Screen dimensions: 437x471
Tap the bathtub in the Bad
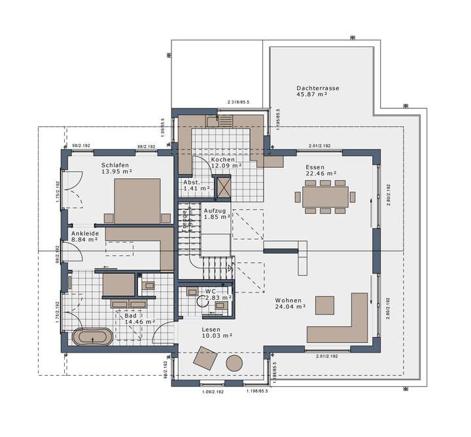pos(90,338)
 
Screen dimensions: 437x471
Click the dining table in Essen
pos(325,196)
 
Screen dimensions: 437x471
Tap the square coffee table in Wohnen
pos(325,305)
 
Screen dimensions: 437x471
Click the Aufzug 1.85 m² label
pos(217,214)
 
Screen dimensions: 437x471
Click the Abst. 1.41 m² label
pos(196,186)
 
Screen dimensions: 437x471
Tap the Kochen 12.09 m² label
pos(226,163)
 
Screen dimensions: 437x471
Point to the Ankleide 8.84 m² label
pos(84,236)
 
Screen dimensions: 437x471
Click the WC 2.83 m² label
pos(215,295)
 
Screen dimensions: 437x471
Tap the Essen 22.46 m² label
pos(321,170)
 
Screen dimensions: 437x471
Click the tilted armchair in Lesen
pos(205,358)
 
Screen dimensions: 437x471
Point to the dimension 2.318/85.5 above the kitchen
pos(239,103)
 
